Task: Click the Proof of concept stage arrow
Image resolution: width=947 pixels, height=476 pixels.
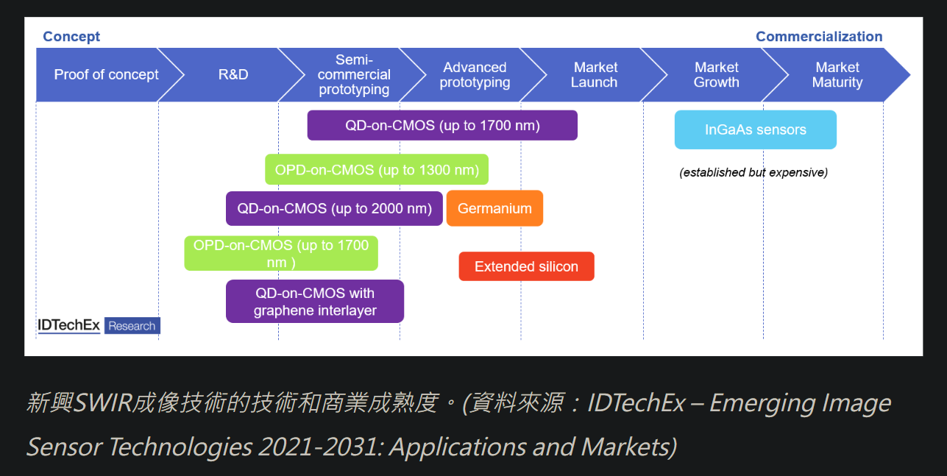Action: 106,75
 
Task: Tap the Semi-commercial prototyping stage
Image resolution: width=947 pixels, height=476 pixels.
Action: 354,75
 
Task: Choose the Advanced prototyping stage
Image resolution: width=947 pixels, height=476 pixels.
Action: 475,75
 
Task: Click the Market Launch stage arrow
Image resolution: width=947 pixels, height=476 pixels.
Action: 595,75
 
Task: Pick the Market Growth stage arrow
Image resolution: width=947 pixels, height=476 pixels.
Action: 716,75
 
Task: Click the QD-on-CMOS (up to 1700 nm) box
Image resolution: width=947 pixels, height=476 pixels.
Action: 442,126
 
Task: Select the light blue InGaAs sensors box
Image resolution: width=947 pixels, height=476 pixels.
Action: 756,129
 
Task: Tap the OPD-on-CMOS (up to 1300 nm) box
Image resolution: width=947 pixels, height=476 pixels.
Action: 377,169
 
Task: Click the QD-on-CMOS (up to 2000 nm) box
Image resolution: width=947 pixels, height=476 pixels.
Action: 334,208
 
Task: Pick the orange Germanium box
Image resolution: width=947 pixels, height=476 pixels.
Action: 494,208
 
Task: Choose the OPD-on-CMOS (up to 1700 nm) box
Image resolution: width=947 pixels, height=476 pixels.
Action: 281,253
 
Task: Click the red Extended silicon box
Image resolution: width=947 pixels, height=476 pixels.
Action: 526,266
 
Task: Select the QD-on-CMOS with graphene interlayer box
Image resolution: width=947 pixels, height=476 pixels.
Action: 315,302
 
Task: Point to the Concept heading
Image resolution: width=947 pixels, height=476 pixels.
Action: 71,37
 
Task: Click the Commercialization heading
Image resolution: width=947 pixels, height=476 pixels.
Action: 819,37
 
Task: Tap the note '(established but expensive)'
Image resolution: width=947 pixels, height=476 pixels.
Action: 753,172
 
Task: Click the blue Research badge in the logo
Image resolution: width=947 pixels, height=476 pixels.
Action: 132,326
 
